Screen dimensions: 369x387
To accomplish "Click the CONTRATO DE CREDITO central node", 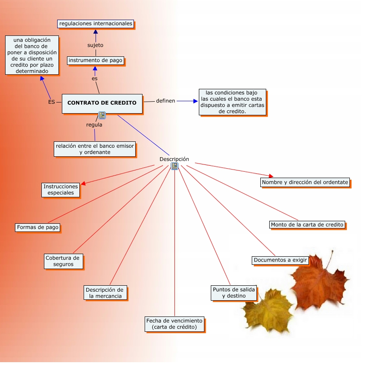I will tap(102, 103).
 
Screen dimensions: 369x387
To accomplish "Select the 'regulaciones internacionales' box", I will tap(96, 23).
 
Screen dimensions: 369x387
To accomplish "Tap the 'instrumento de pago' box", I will tap(96, 60).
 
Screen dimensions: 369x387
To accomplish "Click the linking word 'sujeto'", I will tap(95, 45).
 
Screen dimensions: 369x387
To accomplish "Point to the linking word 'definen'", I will tap(166, 101).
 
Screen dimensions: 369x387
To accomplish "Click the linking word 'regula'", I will tap(94, 125).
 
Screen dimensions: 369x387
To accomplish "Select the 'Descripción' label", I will tap(174, 159).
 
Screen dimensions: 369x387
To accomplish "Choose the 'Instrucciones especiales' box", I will tap(61, 190).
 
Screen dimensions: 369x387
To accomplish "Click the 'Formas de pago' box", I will tap(38, 227).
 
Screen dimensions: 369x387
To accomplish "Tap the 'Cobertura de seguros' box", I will tap(62, 261).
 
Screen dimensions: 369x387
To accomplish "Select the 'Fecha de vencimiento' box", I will tap(175, 324).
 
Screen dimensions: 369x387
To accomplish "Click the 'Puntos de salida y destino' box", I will tap(234, 293).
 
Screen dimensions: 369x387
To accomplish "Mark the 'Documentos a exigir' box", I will tap(280, 260).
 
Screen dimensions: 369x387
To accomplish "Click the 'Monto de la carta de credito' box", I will tap(307, 225).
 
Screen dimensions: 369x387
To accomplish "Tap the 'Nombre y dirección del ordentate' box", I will tap(305, 182).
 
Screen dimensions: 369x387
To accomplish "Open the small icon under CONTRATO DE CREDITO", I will tap(102, 115).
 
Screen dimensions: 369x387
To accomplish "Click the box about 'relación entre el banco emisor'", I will tap(95, 149).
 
